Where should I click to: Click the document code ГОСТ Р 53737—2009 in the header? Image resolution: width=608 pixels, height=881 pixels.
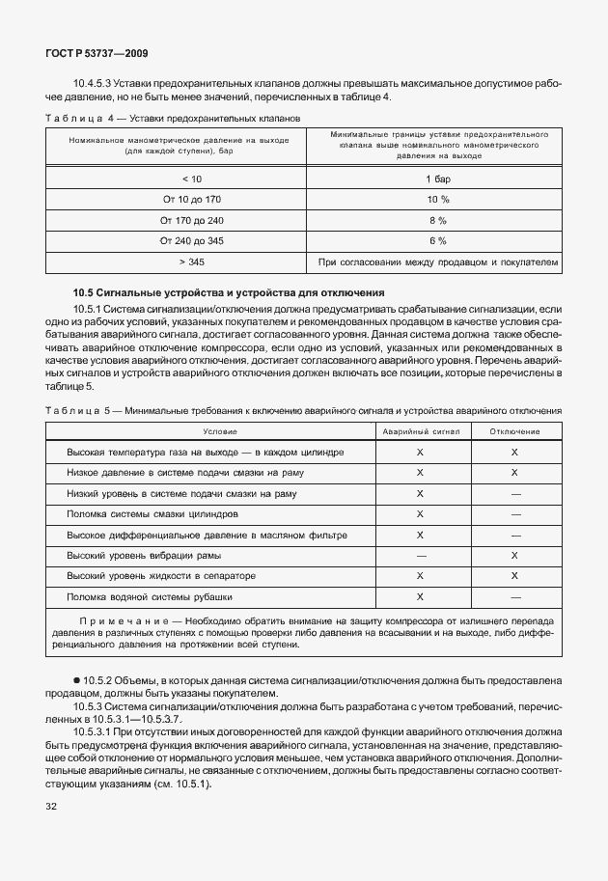tap(97, 54)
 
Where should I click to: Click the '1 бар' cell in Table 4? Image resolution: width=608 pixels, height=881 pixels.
tap(437, 179)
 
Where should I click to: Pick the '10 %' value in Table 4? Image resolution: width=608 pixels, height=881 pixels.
tap(437, 199)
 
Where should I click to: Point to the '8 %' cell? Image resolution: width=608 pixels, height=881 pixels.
tap(437, 220)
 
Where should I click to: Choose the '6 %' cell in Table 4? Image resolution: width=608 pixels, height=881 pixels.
tap(437, 240)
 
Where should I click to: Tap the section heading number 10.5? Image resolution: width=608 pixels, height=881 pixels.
tap(87, 291)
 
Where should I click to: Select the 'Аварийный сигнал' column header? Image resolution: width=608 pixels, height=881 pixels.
tap(421, 431)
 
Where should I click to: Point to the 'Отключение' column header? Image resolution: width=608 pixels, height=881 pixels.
tap(514, 431)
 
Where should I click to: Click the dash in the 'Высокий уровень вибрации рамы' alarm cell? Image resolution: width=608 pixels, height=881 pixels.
tap(421, 555)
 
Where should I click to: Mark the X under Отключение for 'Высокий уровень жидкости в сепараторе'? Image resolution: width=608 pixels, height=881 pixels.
tap(514, 575)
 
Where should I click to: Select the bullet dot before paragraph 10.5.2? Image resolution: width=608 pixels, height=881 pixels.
tap(77, 681)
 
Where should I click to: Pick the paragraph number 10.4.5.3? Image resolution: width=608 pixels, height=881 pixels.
tap(95, 84)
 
